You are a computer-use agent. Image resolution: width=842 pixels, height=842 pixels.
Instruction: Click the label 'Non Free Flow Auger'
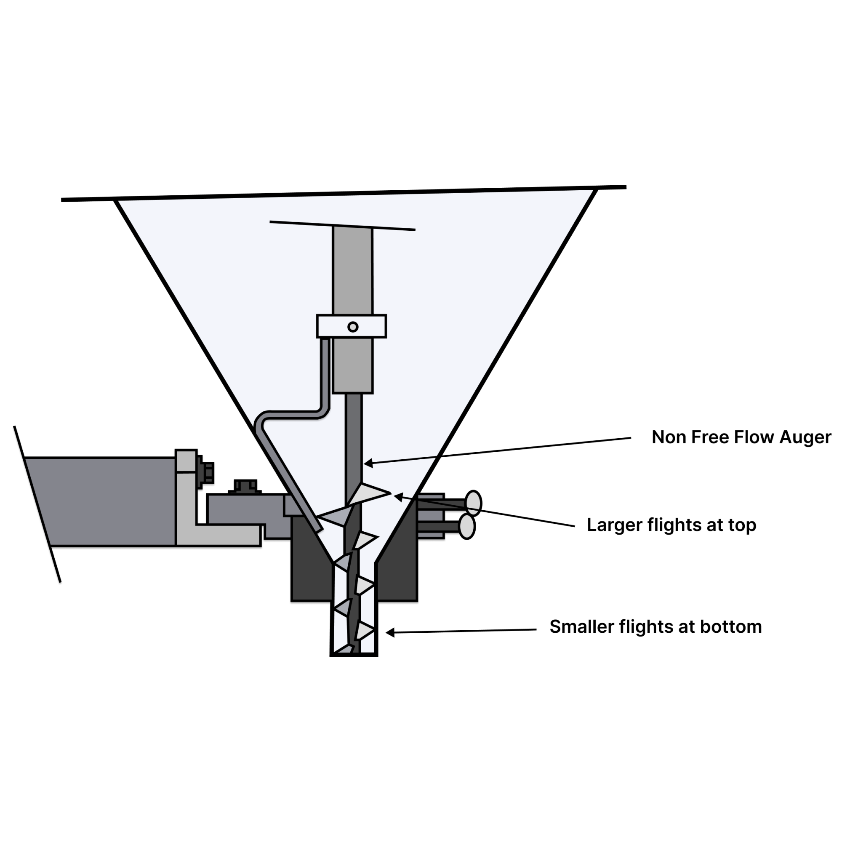741,437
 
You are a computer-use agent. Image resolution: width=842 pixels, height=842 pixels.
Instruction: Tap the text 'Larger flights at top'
671,525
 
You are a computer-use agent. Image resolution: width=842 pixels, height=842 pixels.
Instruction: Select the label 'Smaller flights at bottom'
655,627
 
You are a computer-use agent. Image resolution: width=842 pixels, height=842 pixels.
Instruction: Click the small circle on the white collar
352,327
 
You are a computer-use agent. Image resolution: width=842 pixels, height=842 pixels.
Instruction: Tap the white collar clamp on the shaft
331,326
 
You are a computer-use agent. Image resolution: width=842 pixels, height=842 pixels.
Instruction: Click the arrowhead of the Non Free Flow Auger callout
366,464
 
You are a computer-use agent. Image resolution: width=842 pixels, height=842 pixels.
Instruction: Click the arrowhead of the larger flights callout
396,496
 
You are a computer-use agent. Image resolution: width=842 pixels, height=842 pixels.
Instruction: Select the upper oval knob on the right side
473,504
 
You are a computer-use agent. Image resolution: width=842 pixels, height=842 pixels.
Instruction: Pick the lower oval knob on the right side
467,527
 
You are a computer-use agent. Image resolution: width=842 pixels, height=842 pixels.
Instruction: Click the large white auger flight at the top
368,493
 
